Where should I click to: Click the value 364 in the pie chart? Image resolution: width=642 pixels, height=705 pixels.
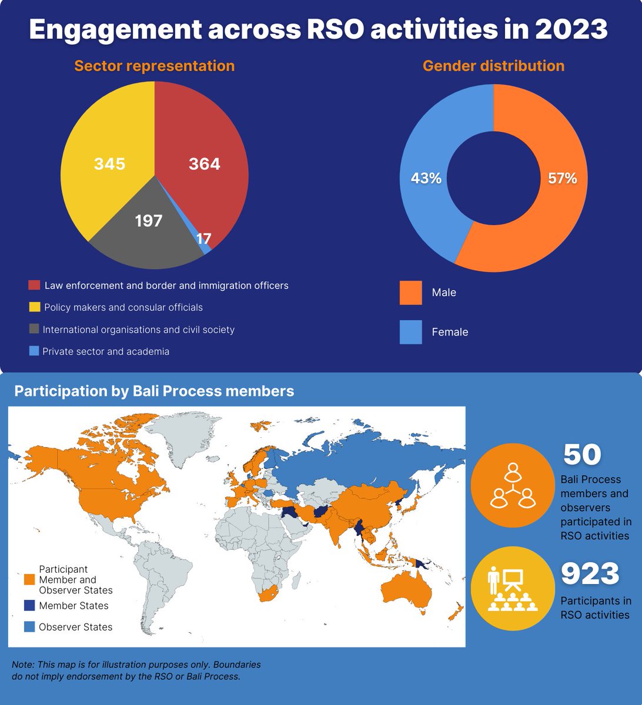coord(204,164)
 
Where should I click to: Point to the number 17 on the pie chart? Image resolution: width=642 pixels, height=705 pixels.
coord(203,239)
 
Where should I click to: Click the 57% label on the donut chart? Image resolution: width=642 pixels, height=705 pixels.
coord(563,179)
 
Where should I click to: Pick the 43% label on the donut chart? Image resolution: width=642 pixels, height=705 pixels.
coord(426,179)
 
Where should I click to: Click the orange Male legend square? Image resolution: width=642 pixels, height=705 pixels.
coord(410,293)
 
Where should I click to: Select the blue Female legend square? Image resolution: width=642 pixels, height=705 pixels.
coord(410,332)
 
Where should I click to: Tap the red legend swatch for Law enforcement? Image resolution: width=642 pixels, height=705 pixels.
coord(34,286)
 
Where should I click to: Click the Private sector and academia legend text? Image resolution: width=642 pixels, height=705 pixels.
coord(106,351)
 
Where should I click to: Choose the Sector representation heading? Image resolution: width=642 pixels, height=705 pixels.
coord(154,66)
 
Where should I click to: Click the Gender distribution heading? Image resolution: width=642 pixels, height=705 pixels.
coord(493,66)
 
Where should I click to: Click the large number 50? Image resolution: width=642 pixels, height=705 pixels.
coord(582,454)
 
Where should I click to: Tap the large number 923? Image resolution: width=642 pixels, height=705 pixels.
coord(590,574)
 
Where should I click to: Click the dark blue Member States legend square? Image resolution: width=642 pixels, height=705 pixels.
coord(29,606)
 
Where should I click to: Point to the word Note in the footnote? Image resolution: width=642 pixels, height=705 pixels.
coord(22,664)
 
